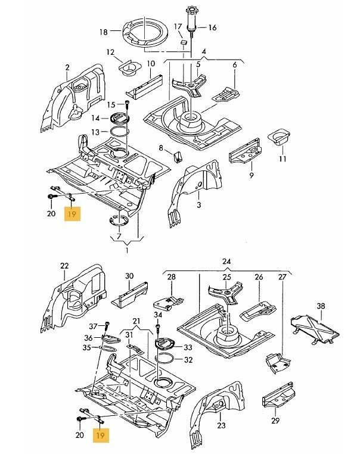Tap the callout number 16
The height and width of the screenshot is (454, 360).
tap(213, 27)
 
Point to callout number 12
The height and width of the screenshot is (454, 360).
tap(110, 52)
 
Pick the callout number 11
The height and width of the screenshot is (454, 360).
tap(283, 158)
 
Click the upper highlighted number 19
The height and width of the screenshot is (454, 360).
tap(72, 213)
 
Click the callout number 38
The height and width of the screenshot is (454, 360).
tap(321, 306)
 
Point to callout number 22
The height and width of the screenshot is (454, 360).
tap(64, 266)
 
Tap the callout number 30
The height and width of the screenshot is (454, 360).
tap(129, 276)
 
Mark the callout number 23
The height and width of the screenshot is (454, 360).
tap(222, 425)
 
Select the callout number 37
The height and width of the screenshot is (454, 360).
tap(92, 326)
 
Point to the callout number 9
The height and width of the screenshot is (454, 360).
tap(252, 175)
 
